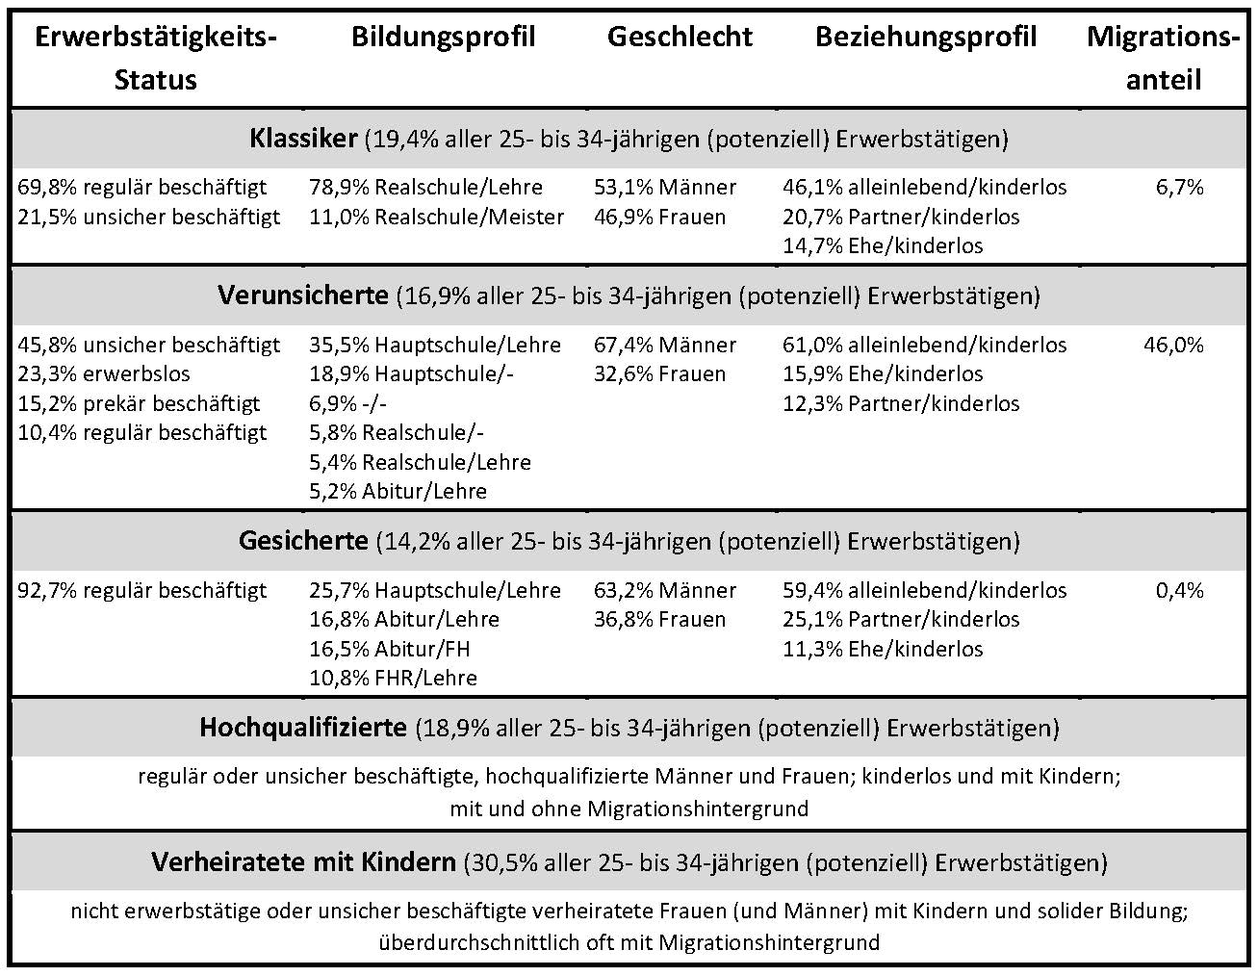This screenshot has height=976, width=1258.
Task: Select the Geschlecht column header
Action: click(x=680, y=37)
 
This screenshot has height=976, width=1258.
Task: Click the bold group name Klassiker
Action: click(x=303, y=139)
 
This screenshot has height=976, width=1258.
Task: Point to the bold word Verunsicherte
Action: click(x=303, y=295)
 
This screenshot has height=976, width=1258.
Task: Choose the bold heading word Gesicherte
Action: click(x=303, y=541)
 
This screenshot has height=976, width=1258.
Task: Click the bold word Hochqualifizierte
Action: click(x=303, y=728)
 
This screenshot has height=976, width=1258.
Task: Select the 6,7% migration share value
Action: click(x=1180, y=188)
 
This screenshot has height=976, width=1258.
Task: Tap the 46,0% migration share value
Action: click(x=1173, y=346)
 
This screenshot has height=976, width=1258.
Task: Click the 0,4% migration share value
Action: click(x=1180, y=591)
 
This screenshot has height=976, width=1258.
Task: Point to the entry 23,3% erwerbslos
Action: click(x=104, y=374)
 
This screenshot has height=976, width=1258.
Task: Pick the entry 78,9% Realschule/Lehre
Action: click(x=425, y=188)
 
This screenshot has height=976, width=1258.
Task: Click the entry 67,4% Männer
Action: click(x=664, y=346)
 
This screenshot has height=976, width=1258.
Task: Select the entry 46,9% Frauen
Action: click(x=659, y=218)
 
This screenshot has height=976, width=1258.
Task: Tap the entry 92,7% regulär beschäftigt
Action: click(x=141, y=591)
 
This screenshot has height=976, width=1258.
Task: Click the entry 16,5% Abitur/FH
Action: click(x=389, y=650)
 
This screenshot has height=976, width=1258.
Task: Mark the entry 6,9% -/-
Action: click(x=347, y=404)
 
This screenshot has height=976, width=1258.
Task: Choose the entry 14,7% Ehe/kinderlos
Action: click(x=883, y=246)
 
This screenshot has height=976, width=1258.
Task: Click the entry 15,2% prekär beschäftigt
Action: click(x=139, y=404)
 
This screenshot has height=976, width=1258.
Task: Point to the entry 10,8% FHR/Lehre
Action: click(x=393, y=679)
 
